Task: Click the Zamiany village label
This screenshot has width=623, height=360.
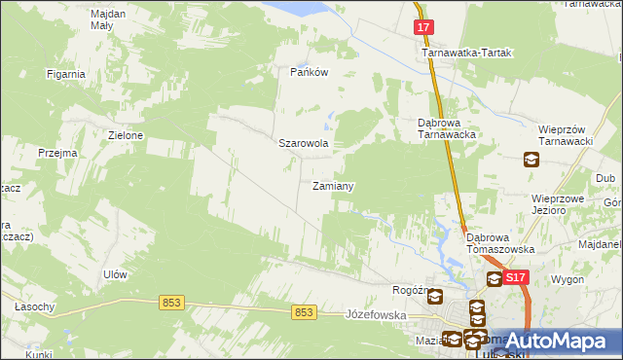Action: tap(332, 186)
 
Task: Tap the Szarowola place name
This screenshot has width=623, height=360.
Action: tap(304, 143)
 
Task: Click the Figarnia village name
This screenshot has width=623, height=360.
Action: tap(66, 73)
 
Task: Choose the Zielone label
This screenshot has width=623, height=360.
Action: tap(127, 135)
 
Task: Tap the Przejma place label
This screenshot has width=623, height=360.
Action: tap(57, 154)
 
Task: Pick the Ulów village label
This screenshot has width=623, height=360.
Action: tap(115, 274)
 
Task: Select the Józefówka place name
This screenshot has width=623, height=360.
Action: tap(375, 315)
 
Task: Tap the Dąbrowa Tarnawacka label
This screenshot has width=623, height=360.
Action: tap(445, 129)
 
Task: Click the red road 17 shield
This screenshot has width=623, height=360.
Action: tap(422, 27)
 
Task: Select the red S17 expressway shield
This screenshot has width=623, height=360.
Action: tap(516, 278)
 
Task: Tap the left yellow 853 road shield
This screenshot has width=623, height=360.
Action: tap(171, 303)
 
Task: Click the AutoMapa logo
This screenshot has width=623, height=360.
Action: tap(558, 341)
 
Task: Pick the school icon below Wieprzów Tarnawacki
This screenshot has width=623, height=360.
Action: tap(531, 160)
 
